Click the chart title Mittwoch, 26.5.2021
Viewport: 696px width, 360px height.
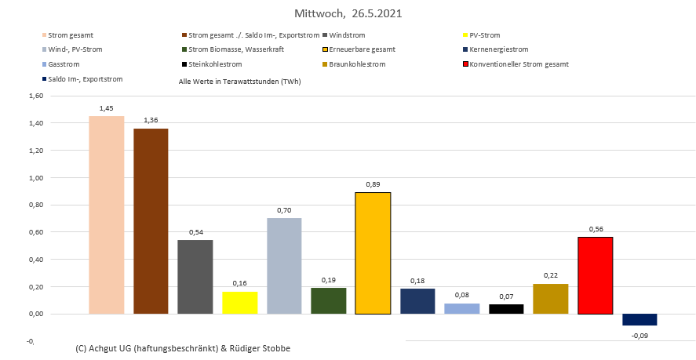pos(348,14)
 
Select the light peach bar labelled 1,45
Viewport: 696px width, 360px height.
pos(107,215)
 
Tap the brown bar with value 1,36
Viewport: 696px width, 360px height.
pos(151,221)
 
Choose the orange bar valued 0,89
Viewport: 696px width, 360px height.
pos(373,253)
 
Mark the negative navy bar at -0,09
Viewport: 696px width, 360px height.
pos(640,319)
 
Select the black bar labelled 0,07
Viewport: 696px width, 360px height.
pos(506,309)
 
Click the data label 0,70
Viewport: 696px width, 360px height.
pos(284,210)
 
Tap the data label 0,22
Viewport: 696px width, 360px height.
pos(551,276)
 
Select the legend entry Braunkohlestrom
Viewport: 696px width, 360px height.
pos(357,64)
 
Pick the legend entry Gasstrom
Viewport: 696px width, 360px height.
pos(63,64)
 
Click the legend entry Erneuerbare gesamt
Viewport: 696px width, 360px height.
pos(362,49)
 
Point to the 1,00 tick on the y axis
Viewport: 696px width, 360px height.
pos(35,178)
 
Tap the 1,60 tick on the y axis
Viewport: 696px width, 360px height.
pos(35,96)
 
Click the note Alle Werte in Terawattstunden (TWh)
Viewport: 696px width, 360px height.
pos(239,81)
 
